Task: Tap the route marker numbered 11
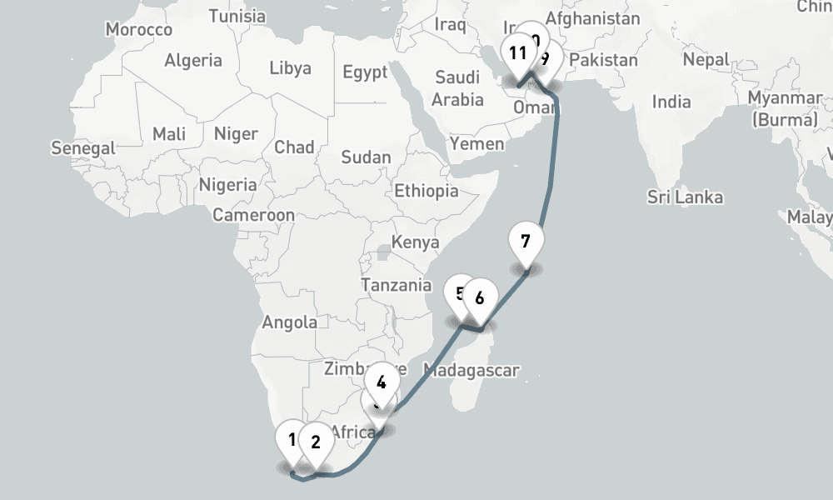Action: click(518, 55)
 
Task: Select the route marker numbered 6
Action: click(480, 297)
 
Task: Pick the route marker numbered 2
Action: click(316, 442)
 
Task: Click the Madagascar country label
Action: click(471, 370)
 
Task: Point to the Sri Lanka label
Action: click(686, 197)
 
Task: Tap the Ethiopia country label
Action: click(426, 191)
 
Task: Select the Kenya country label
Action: click(415, 242)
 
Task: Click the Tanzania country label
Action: click(397, 285)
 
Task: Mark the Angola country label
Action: click(290, 322)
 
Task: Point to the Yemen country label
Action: click(476, 143)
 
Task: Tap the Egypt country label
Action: click(365, 72)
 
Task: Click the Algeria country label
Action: click(193, 60)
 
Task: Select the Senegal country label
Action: click(83, 148)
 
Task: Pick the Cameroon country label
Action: click(253, 215)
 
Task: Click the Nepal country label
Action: click(706, 60)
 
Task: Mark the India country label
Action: click(671, 102)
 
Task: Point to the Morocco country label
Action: click(139, 30)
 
